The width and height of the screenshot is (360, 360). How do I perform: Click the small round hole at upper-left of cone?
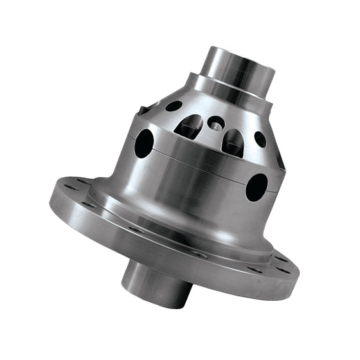click(x=174, y=106)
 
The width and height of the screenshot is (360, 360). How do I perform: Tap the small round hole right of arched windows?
click(x=260, y=139)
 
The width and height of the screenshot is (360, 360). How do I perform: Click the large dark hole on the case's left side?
click(x=144, y=143)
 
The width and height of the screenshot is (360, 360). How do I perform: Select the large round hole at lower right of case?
click(x=256, y=187)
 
